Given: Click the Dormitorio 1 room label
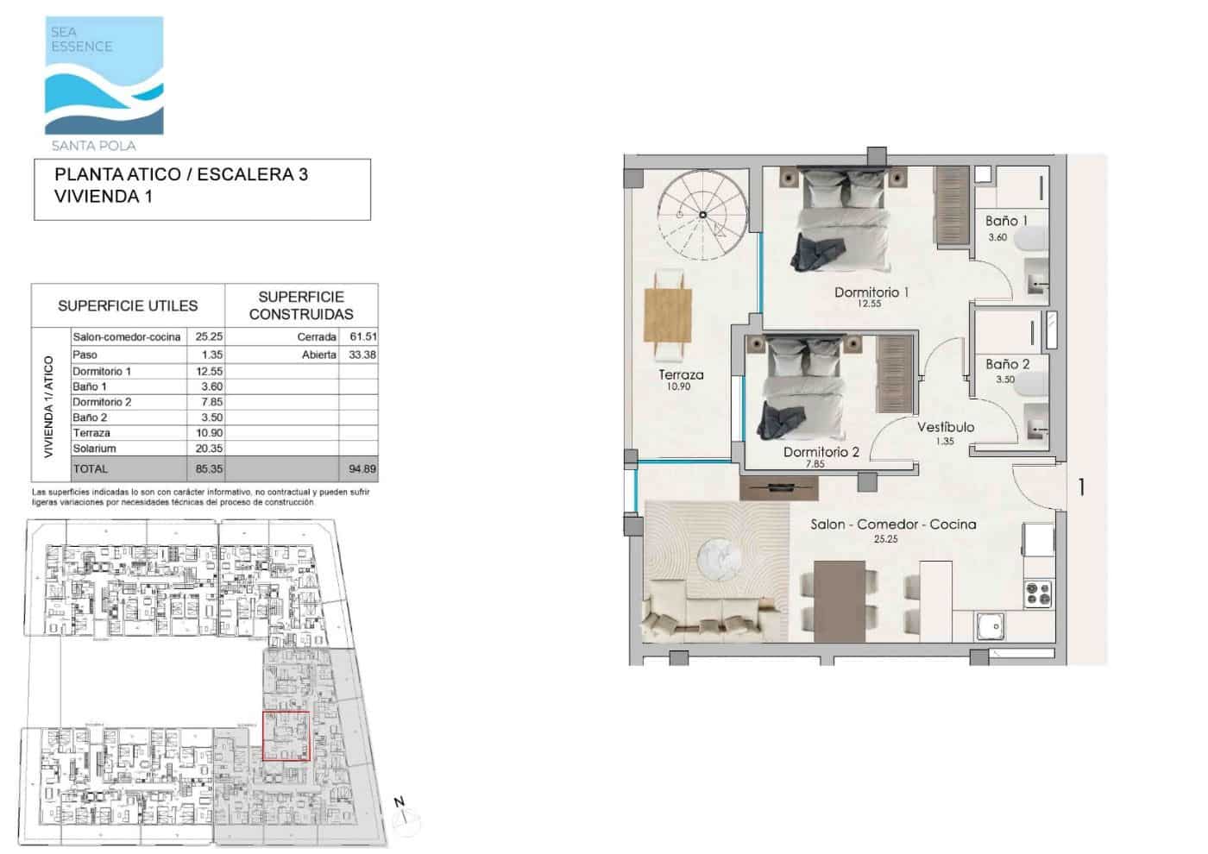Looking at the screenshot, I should [871, 292].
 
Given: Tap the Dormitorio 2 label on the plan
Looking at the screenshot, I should [821, 452].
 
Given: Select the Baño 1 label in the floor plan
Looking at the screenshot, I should [1006, 221].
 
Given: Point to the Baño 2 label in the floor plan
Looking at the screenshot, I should [1007, 364].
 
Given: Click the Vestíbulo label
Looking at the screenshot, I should [946, 427].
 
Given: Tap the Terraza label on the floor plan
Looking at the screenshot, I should [681, 375].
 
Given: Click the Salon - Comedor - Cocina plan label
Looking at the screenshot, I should [893, 524].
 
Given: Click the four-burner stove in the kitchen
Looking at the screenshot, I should [1038, 593].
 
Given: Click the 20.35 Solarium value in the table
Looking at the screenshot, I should [208, 449].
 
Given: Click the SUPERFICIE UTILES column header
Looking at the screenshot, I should [128, 306].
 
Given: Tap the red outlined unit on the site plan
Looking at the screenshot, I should [285, 736].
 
